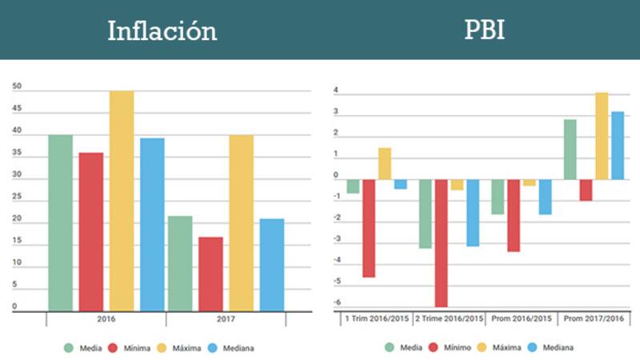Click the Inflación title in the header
tap(162, 30)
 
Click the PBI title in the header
tap(485, 30)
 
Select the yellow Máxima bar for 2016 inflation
tap(122, 200)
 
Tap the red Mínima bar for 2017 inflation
tap(210, 274)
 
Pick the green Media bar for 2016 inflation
tap(60, 222)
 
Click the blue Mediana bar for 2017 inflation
tap(272, 264)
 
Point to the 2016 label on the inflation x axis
tap(106, 318)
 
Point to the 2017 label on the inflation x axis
tap(226, 318)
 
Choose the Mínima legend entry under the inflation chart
tap(130, 348)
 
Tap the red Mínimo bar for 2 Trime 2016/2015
tap(442, 242)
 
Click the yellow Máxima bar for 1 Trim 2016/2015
tap(385, 163)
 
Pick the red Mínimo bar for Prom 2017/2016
tap(586, 190)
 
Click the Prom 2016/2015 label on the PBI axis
tap(521, 318)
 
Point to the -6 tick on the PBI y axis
tap(336, 302)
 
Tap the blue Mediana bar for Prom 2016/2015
tap(545, 197)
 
